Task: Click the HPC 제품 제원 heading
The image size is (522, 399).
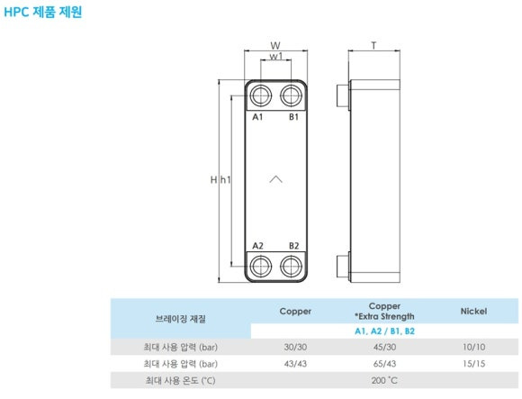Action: point(43,12)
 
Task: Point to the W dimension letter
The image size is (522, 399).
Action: point(275,45)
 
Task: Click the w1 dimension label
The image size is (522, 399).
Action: point(276,56)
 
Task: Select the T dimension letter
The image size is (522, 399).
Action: point(373,45)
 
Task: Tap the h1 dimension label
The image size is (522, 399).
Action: point(226,180)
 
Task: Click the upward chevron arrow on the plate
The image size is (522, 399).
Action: point(275,179)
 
